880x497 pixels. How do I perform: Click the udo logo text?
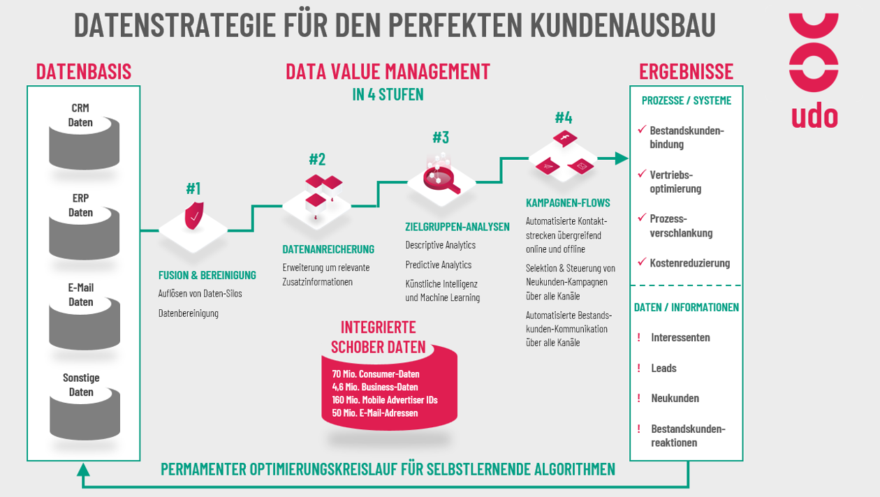pyautogui.click(x=814, y=116)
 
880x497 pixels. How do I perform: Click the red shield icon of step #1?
pyautogui.click(x=194, y=216)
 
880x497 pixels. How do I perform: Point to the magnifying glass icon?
pyautogui.click(x=441, y=180)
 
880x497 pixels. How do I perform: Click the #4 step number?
pyautogui.click(x=564, y=117)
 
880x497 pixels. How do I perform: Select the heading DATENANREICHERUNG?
pyautogui.click(x=328, y=249)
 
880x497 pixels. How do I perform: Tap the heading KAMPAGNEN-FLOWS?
pyautogui.click(x=568, y=203)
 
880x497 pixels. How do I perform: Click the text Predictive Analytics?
pyautogui.click(x=439, y=265)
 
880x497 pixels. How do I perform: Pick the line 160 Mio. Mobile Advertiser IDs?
pyautogui.click(x=385, y=400)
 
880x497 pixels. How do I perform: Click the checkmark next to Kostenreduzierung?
pyautogui.click(x=642, y=262)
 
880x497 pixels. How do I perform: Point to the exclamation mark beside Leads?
pyautogui.click(x=639, y=368)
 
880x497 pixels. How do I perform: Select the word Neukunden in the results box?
pyautogui.click(x=675, y=398)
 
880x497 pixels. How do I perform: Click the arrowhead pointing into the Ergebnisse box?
pyautogui.click(x=622, y=158)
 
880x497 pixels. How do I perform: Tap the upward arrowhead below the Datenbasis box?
pyautogui.click(x=83, y=470)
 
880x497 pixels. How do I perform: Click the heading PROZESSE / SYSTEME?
pyautogui.click(x=687, y=101)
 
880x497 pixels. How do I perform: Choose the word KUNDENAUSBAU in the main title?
pyautogui.click(x=623, y=24)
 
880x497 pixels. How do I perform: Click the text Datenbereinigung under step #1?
pyautogui.click(x=188, y=313)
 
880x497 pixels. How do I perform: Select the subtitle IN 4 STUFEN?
pyautogui.click(x=388, y=95)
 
